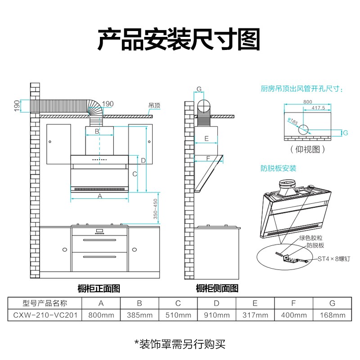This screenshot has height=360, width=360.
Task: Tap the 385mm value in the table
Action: tap(139, 315)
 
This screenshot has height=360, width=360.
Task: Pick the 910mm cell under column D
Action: tap(216, 315)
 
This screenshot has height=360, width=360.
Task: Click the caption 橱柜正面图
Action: tap(99, 288)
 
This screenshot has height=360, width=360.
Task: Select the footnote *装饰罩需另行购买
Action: tap(180, 344)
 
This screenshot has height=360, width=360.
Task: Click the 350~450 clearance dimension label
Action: tap(156, 210)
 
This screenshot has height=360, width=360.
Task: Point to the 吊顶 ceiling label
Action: tap(154, 106)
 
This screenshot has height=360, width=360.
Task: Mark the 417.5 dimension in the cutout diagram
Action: tap(318, 108)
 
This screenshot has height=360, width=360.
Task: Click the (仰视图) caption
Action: tap(307, 149)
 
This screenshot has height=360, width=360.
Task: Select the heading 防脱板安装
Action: tap(279, 168)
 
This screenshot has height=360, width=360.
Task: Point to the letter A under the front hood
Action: tap(100, 196)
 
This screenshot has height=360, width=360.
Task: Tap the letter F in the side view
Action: tap(208, 158)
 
